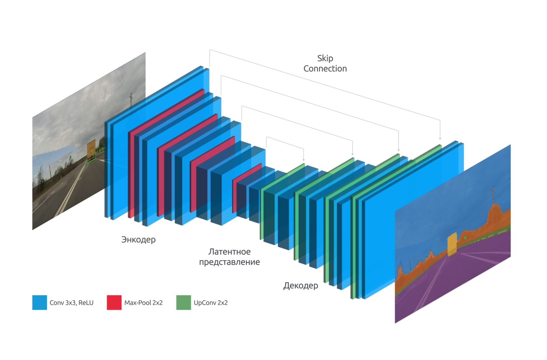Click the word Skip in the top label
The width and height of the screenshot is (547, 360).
coord(325,59)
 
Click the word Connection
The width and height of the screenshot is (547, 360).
coord(325,69)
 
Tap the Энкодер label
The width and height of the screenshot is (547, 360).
coord(138,240)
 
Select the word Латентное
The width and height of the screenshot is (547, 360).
coord(229,252)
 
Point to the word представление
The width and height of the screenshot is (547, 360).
coord(229,262)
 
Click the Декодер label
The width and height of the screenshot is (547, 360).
coord(301,286)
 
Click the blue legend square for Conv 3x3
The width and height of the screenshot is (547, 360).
coord(40,302)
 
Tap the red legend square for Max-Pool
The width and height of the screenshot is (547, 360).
coord(114,302)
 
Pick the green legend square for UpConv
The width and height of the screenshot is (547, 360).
coord(183,302)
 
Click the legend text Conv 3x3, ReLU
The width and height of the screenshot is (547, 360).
coord(71,303)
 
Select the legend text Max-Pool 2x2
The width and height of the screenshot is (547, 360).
coord(143,303)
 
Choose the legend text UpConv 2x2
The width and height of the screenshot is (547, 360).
coord(211,303)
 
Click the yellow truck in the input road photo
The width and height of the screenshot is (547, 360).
coord(91,149)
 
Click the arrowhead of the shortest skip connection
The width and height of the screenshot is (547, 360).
coord(303,160)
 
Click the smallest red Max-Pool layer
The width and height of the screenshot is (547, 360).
coord(247,187)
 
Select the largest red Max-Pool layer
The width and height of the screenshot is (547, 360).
coord(166,153)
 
